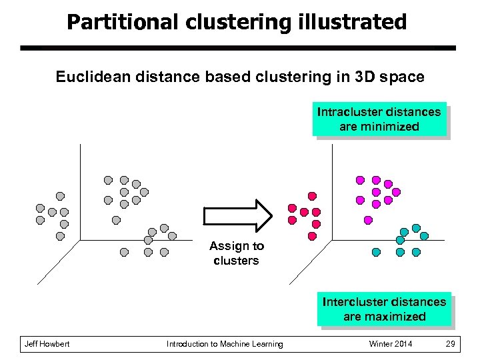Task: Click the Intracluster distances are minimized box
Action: pyautogui.click(x=379, y=119)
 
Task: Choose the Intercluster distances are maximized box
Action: pyautogui.click(x=384, y=309)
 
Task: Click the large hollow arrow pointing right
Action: pyautogui.click(x=237, y=215)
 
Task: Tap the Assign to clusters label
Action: pyautogui.click(x=236, y=253)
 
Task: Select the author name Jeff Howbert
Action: pyautogui.click(x=47, y=344)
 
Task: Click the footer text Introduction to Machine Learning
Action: pyautogui.click(x=225, y=344)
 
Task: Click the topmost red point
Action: pyautogui.click(x=311, y=196)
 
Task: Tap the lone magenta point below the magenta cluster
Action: pyautogui.click(x=367, y=219)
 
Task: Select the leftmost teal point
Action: pyautogui.click(x=376, y=253)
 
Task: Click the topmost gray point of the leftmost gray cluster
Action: pyautogui.click(x=60, y=196)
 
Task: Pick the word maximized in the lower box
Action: pyautogui.click(x=399, y=317)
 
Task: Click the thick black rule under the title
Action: pyautogui.click(x=237, y=48)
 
